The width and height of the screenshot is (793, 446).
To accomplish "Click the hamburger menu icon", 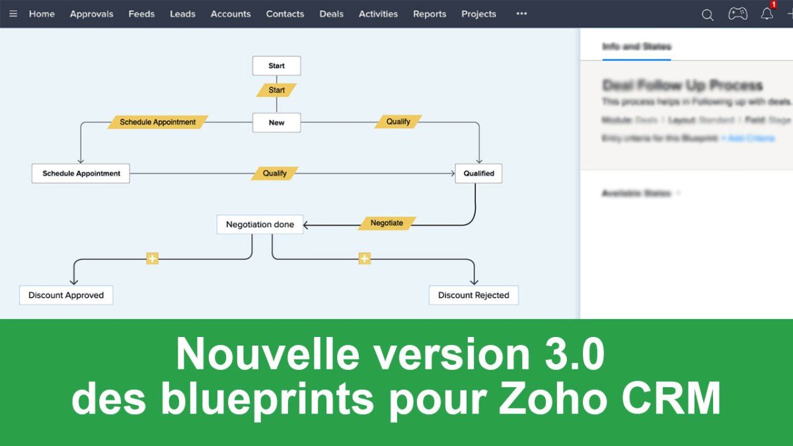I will [13, 14].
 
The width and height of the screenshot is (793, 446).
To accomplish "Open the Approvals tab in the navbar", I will [91, 14].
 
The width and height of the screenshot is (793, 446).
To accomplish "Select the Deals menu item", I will [331, 14].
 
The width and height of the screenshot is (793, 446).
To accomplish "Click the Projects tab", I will [478, 14].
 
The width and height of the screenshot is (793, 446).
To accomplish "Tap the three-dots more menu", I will [521, 14].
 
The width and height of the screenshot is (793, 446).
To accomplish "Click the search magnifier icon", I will [707, 15].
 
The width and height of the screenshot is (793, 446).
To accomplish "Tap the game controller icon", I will [737, 14].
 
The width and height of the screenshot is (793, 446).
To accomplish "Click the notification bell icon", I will [767, 14].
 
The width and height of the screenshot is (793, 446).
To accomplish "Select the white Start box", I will [276, 66].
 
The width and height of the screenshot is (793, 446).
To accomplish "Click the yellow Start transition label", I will [276, 90].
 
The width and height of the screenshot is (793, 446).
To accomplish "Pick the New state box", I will [276, 123].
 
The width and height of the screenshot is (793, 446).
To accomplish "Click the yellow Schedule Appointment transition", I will [158, 122].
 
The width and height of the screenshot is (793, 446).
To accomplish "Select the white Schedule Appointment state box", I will [81, 174].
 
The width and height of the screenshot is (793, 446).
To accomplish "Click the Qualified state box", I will [478, 174].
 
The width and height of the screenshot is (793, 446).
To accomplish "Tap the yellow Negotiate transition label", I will [387, 223].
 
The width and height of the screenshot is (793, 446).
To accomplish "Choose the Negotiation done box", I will [260, 225].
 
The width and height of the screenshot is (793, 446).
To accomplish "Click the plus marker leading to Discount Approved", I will [153, 258].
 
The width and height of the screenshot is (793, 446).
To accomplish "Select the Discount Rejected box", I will [473, 295].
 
